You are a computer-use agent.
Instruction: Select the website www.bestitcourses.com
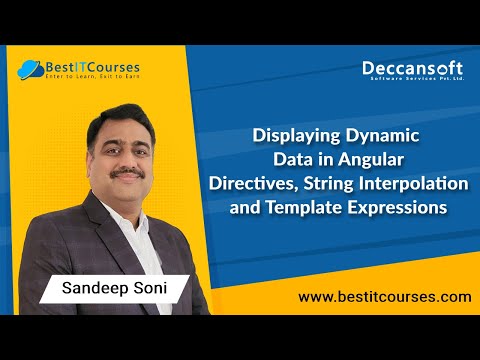385,297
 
